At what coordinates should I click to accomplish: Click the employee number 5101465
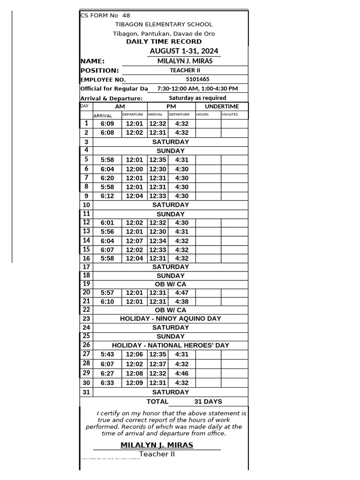(x=197, y=79)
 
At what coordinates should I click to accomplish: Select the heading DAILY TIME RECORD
(x=164, y=42)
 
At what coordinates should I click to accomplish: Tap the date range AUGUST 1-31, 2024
(x=184, y=51)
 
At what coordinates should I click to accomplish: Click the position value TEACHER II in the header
(x=185, y=70)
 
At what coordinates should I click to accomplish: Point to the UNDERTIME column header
(x=222, y=107)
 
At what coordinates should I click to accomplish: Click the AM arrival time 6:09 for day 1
(x=107, y=124)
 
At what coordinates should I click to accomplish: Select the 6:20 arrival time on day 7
(x=107, y=178)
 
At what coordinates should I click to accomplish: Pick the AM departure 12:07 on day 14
(x=135, y=240)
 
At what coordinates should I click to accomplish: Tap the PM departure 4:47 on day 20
(x=181, y=293)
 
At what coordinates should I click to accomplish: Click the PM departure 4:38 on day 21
(x=181, y=302)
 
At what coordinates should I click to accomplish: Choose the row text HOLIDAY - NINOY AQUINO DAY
(x=170, y=319)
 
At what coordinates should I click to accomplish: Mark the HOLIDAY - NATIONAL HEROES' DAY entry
(x=170, y=345)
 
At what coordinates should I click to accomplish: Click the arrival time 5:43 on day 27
(x=107, y=354)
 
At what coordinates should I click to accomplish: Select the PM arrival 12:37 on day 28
(x=157, y=364)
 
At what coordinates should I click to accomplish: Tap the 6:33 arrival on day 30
(x=107, y=383)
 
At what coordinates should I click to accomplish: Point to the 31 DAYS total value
(x=208, y=402)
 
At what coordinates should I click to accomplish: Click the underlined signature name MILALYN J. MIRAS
(x=157, y=445)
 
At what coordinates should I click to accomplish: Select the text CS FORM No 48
(x=105, y=15)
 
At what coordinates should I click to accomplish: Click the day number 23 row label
(x=86, y=319)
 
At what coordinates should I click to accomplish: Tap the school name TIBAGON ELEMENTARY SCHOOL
(x=164, y=24)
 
